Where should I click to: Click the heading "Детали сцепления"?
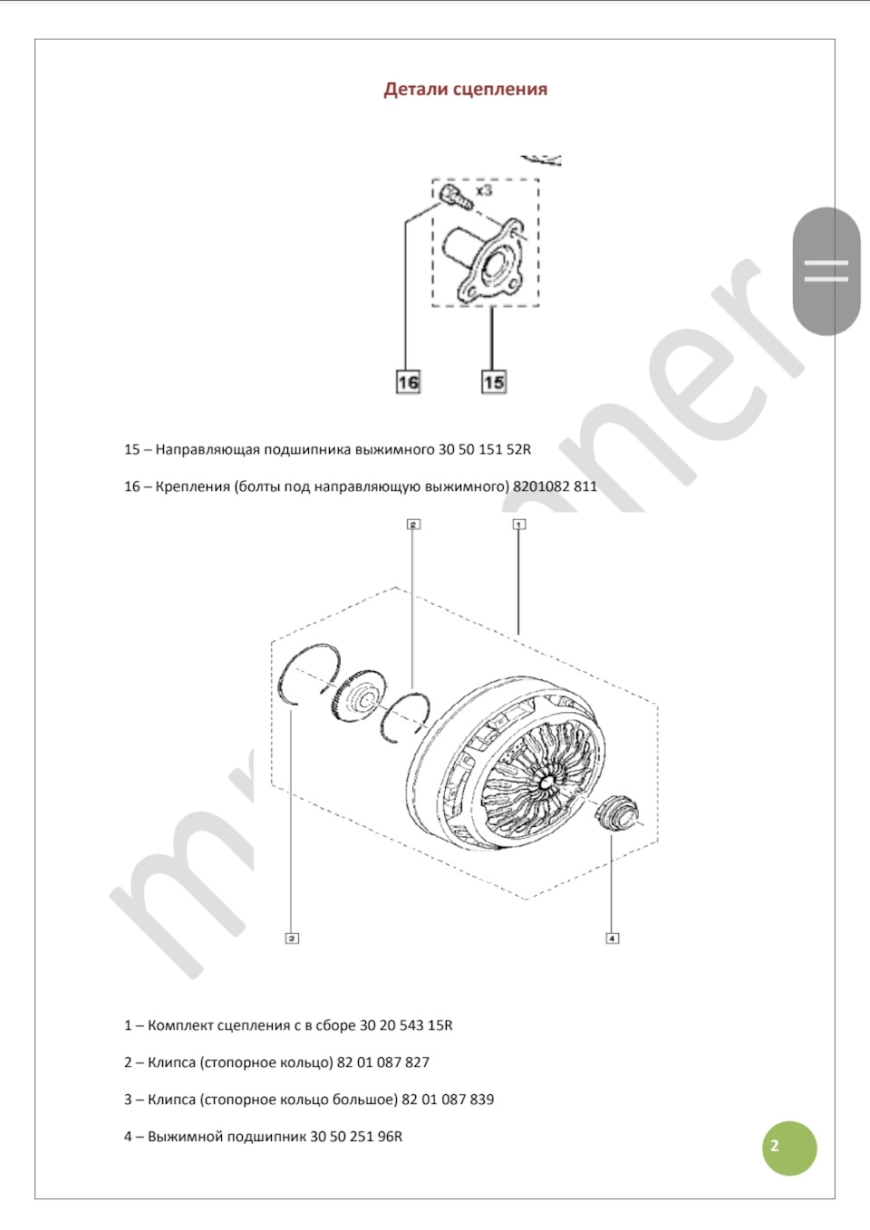(465, 90)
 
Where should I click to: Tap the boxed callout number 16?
(408, 382)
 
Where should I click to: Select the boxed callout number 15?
(493, 382)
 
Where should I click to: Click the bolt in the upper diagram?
(453, 197)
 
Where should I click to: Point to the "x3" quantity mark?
(484, 190)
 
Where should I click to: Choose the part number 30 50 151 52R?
(485, 449)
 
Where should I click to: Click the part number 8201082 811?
(555, 486)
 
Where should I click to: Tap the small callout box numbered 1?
(518, 524)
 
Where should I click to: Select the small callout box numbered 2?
(413, 524)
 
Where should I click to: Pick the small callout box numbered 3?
(292, 938)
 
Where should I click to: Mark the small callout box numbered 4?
(612, 938)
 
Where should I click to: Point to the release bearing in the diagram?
(615, 809)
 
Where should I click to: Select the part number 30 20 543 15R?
(406, 1026)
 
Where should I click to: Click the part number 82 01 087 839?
(448, 1100)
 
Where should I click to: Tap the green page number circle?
(788, 1148)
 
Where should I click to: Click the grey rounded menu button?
(826, 271)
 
